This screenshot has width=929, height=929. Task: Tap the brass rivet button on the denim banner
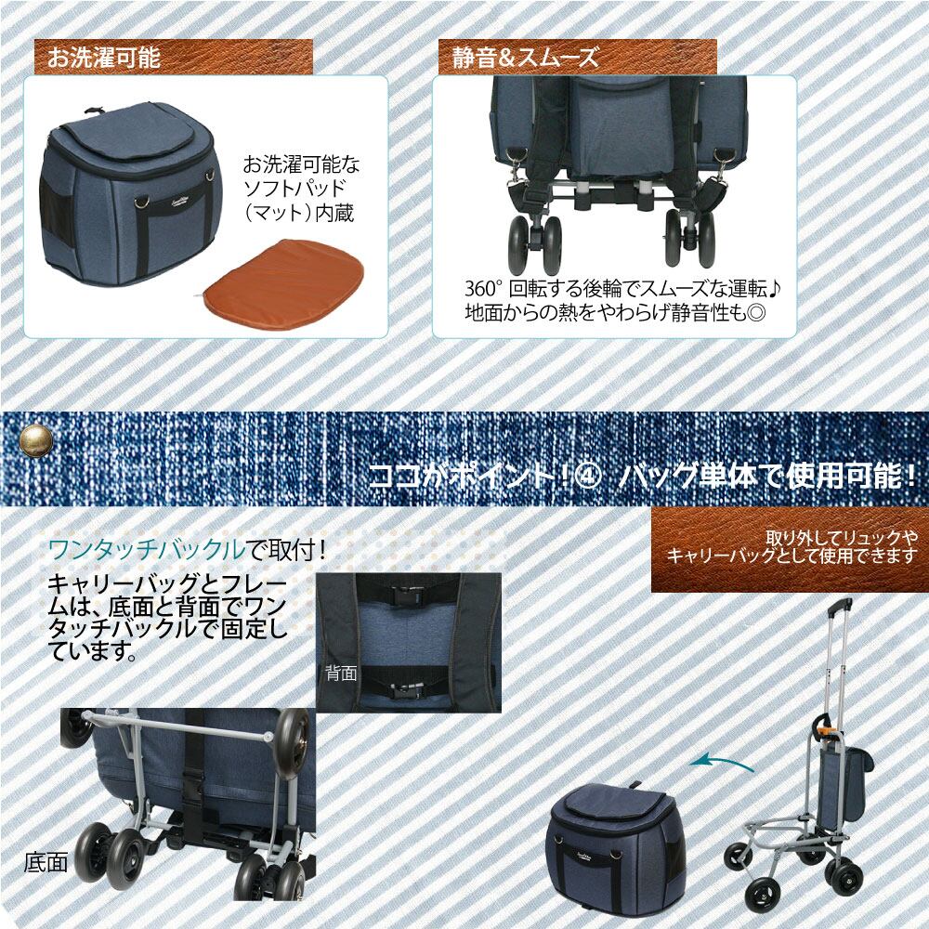[x=37, y=441]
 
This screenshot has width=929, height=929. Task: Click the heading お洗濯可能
[x=104, y=58]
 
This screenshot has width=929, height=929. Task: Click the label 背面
[x=341, y=673]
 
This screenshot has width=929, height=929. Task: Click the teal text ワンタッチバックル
[x=146, y=550]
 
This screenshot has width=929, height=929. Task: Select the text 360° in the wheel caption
[x=483, y=290]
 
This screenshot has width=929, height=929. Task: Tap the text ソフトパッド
[x=295, y=189]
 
